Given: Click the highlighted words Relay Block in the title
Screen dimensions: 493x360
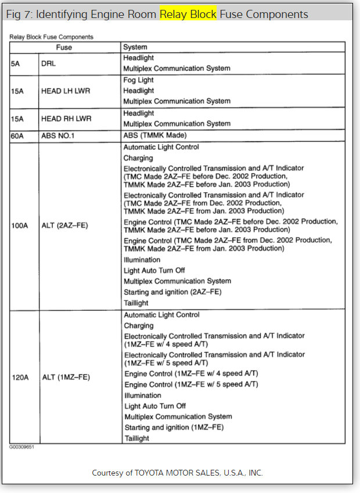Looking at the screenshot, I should (x=188, y=14).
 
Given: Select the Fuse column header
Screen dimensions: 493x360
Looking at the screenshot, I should (x=64, y=47).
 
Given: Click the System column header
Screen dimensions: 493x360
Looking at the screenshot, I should (x=135, y=47).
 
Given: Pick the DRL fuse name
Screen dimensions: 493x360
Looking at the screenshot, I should (x=48, y=63).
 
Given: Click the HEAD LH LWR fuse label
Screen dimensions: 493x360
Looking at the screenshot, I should (x=66, y=91).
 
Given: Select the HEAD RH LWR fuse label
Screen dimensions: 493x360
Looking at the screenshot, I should (x=66, y=118).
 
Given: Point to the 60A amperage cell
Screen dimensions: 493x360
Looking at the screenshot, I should (x=17, y=136).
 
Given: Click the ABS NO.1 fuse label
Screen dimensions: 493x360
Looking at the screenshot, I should (x=59, y=136).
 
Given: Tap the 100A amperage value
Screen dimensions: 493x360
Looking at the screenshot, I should (x=20, y=225).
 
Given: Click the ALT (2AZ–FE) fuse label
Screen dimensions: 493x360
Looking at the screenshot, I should (x=65, y=225).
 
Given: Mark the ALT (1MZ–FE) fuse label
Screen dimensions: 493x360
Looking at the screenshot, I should (x=66, y=377).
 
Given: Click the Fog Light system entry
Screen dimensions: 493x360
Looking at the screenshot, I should (x=138, y=80).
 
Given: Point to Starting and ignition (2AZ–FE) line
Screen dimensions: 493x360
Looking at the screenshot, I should (x=172, y=292).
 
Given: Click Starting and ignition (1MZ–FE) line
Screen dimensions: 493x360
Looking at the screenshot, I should (x=174, y=427).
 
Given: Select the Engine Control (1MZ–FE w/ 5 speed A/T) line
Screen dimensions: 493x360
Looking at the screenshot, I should (x=192, y=384).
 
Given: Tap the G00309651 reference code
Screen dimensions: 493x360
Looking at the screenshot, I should (x=21, y=448).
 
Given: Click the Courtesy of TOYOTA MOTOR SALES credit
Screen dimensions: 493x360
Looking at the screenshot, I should (x=181, y=473).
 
